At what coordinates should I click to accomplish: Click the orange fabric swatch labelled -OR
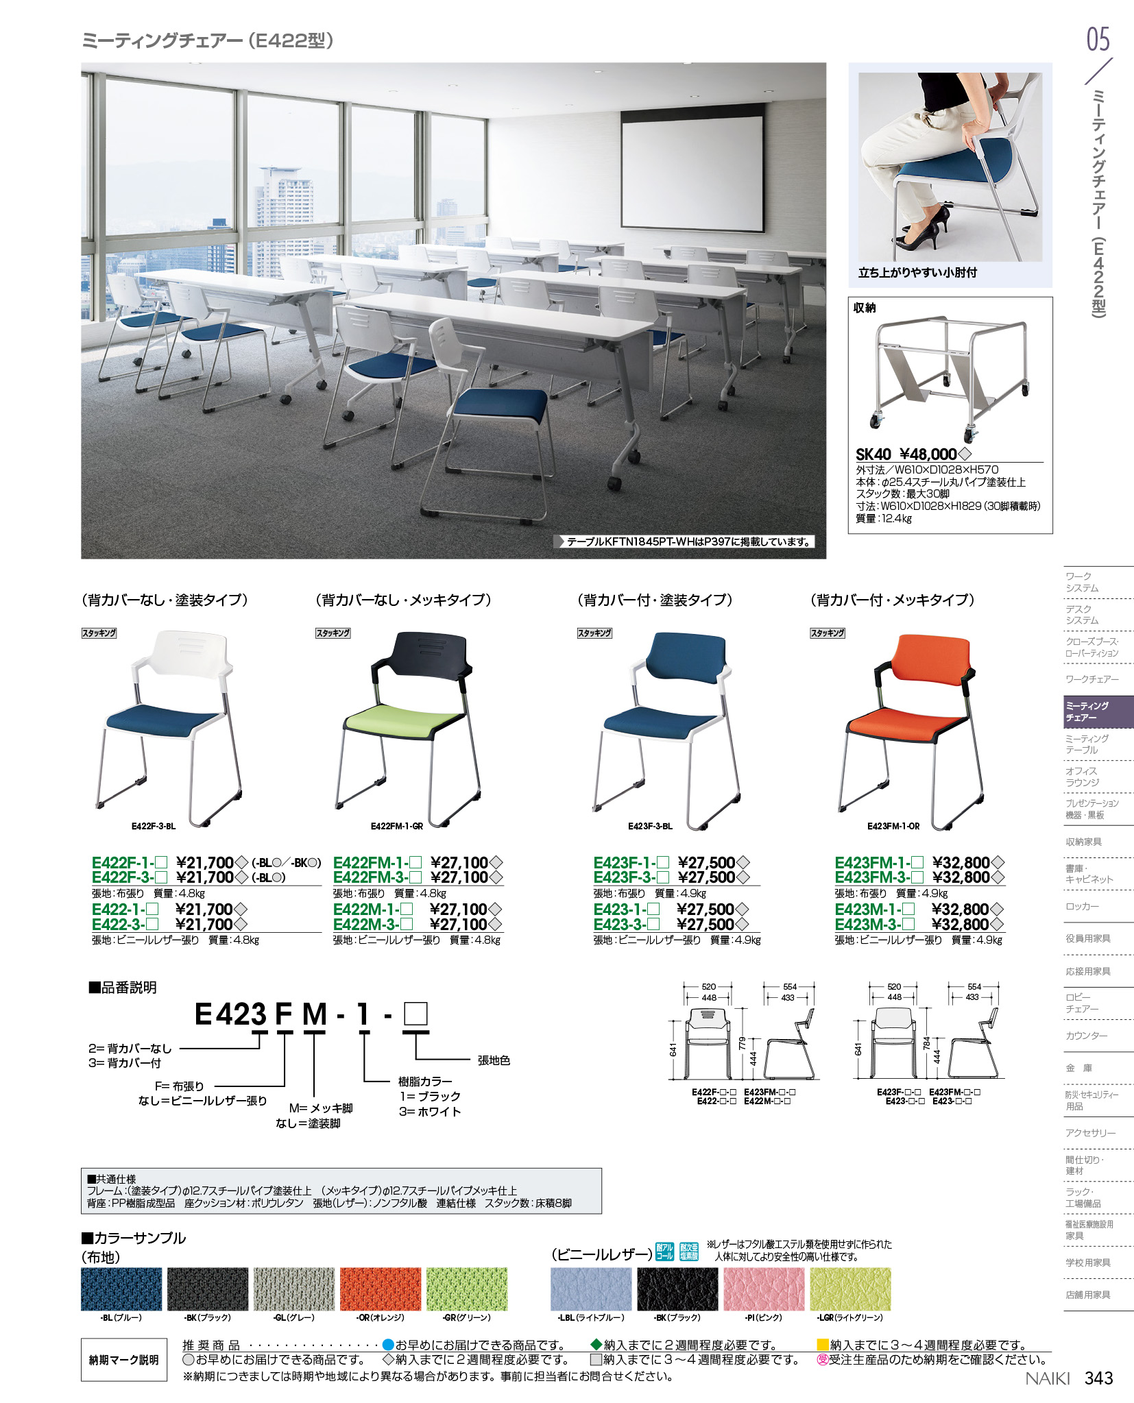point(380,1289)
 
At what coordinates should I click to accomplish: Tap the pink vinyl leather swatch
point(764,1289)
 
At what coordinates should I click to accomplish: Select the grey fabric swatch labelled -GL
point(293,1289)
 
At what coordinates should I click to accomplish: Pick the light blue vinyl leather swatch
point(590,1289)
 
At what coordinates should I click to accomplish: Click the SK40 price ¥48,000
point(928,454)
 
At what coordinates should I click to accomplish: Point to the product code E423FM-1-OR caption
point(893,827)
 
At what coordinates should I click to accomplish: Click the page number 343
point(1098,1378)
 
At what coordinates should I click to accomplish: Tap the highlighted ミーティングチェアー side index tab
point(1098,711)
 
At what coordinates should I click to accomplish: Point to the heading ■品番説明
point(123,988)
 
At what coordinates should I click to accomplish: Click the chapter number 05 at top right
point(1098,39)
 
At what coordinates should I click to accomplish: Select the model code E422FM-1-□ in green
point(377,863)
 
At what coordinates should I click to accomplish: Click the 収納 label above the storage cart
point(865,308)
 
